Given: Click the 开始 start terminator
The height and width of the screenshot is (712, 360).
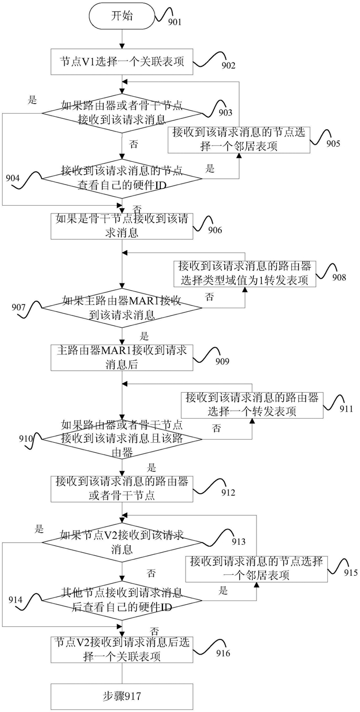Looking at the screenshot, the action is [x=122, y=16].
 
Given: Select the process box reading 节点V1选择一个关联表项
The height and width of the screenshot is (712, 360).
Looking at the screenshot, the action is [x=122, y=62].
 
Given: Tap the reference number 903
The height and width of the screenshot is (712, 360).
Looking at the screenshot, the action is [x=225, y=113].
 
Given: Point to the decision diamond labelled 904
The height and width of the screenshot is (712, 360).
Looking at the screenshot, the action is [x=122, y=178].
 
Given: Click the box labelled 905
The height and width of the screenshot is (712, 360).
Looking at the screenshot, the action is [x=239, y=140].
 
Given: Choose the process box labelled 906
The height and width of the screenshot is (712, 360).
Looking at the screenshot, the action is [x=122, y=226].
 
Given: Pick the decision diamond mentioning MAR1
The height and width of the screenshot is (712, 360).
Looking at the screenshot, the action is [x=122, y=308].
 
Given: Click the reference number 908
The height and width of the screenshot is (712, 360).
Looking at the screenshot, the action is [x=339, y=277].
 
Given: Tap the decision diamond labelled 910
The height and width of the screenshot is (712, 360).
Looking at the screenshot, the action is [x=122, y=439].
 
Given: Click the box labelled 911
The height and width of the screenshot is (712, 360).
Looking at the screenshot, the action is [x=252, y=405].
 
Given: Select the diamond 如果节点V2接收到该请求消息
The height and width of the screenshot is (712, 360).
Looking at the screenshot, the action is [x=122, y=542].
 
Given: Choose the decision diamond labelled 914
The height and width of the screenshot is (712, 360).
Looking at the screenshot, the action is [x=122, y=601].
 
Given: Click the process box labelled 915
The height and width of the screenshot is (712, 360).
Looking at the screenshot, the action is [x=257, y=568].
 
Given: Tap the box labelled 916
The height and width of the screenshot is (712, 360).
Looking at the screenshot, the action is [x=122, y=650].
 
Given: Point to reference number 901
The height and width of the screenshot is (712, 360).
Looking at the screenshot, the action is [x=174, y=22].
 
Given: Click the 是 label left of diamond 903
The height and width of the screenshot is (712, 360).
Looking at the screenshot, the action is [x=33, y=100].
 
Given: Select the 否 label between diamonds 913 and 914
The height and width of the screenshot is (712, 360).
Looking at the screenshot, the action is [x=151, y=573].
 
